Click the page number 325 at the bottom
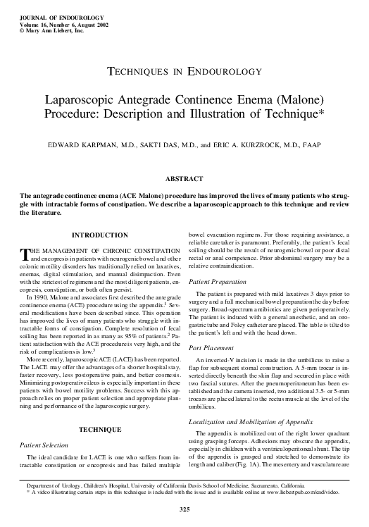point(184,509)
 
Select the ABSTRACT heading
point(184,179)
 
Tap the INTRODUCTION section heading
point(100,235)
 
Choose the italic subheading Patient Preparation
point(218,281)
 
